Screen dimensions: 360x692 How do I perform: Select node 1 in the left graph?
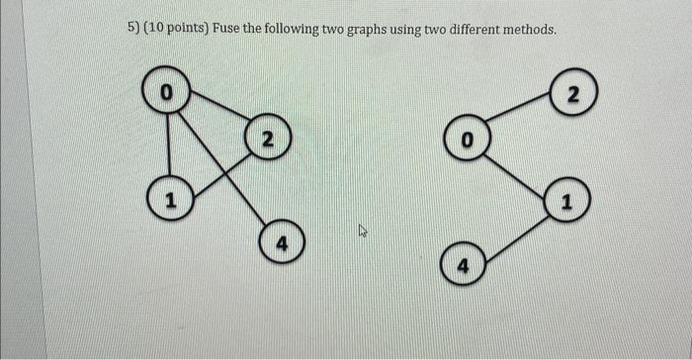pos(170,201)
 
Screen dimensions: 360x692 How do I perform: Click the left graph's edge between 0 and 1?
pos(168,146)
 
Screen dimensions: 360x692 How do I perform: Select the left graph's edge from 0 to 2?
pos(217,114)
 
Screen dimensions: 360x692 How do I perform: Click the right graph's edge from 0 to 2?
pos(519,116)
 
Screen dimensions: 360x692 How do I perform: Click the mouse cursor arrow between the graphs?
pos(363,231)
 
